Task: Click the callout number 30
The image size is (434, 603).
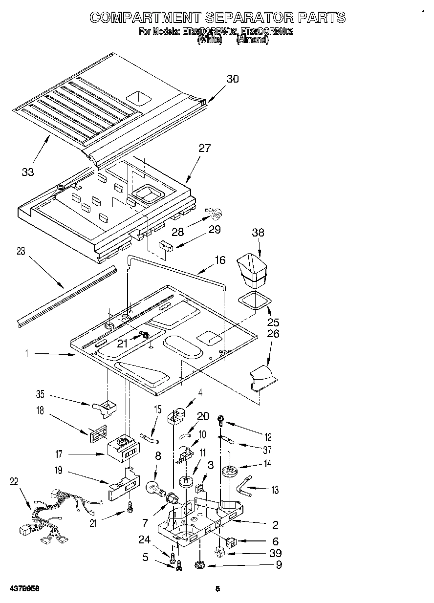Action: pos(232,79)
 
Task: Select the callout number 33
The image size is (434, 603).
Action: pos(28,172)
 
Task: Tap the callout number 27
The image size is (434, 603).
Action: pos(204,148)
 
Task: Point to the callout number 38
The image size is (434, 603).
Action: pos(258,233)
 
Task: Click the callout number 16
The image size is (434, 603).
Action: pos(220,260)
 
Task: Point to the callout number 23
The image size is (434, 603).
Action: pos(21,252)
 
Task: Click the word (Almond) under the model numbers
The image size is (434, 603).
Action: pos(252,41)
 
